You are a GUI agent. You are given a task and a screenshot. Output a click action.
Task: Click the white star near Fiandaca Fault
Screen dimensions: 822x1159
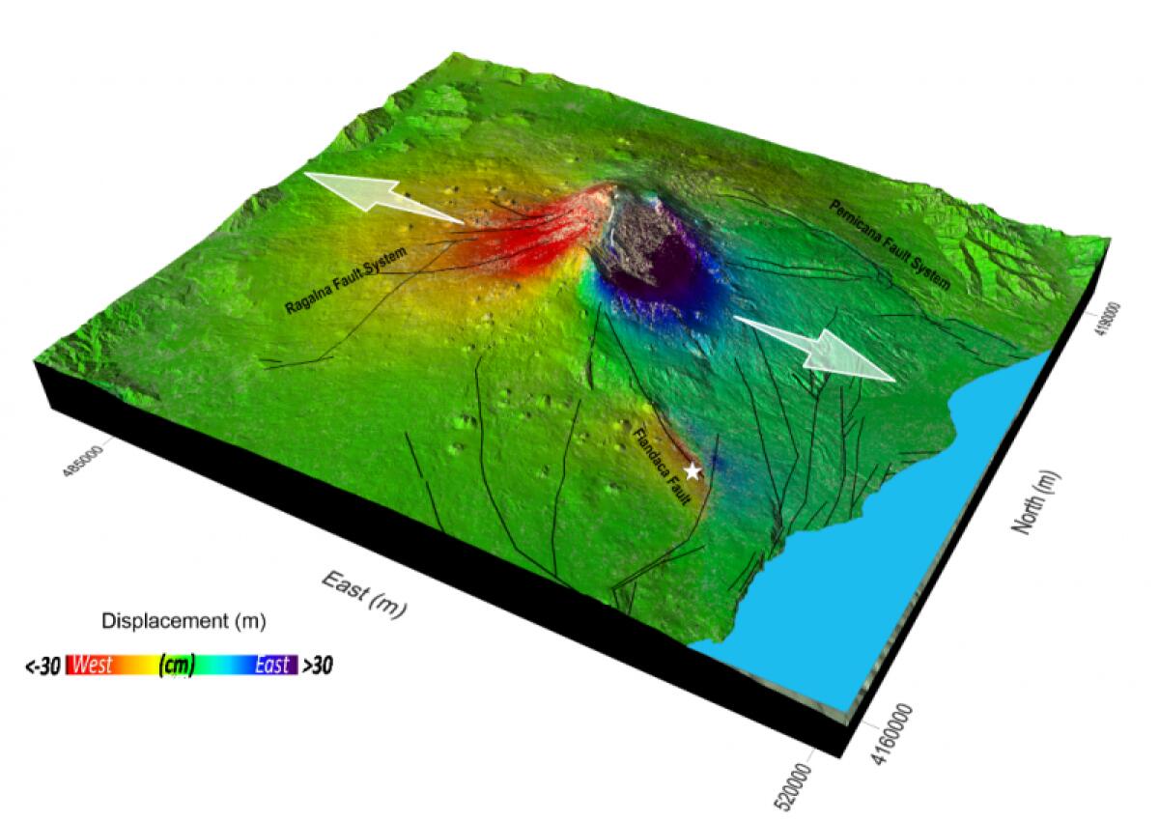pyautogui.click(x=693, y=471)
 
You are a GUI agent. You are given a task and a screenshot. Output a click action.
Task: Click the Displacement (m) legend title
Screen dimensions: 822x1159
pyautogui.click(x=184, y=619)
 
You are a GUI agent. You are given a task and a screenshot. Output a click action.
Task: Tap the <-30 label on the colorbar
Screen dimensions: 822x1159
pyautogui.click(x=42, y=666)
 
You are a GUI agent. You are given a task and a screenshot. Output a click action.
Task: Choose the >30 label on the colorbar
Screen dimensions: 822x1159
pyautogui.click(x=318, y=666)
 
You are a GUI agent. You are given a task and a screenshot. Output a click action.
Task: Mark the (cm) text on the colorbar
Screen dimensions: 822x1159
pyautogui.click(x=177, y=666)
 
